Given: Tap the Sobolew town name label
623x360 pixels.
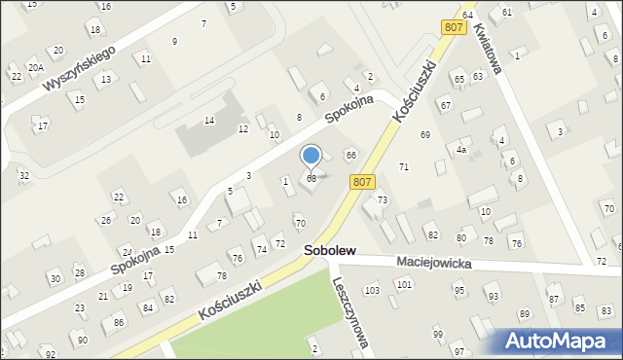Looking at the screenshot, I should pyautogui.click(x=328, y=251).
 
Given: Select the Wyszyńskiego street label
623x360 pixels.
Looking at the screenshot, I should pyautogui.click(x=79, y=67).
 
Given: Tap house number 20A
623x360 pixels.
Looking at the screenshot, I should pyautogui.click(x=35, y=67).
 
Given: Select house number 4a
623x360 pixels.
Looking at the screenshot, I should pyautogui.click(x=462, y=150).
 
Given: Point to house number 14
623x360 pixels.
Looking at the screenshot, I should pyautogui.click(x=208, y=120).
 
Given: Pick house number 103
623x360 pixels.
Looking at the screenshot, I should pyautogui.click(x=371, y=291).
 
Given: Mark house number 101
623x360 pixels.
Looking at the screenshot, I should pyautogui.click(x=404, y=284).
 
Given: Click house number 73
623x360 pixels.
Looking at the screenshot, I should pyautogui.click(x=383, y=199).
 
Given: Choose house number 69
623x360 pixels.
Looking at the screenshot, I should pyautogui.click(x=424, y=134).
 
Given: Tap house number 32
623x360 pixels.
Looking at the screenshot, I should pyautogui.click(x=23, y=175).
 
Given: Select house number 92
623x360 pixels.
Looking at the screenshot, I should pyautogui.click(x=50, y=353).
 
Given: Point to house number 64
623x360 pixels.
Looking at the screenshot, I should pyautogui.click(x=467, y=15).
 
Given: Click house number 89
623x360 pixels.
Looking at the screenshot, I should pyautogui.click(x=524, y=313).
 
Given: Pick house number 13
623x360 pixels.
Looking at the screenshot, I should pyautogui.click(x=105, y=78).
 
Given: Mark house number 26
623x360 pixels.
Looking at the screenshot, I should pyautogui.click(x=106, y=220).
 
